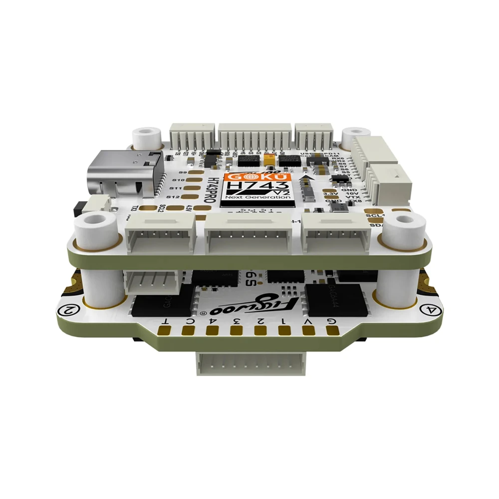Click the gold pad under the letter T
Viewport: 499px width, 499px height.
(x=164, y=329)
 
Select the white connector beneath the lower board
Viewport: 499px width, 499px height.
(x=248, y=367)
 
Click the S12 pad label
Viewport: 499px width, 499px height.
(x=173, y=198)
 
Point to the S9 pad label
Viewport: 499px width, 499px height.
(x=183, y=173)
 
